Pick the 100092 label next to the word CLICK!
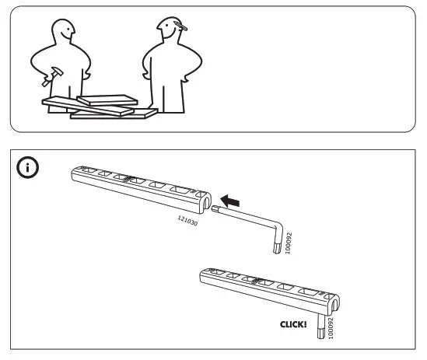(x=331, y=327)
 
